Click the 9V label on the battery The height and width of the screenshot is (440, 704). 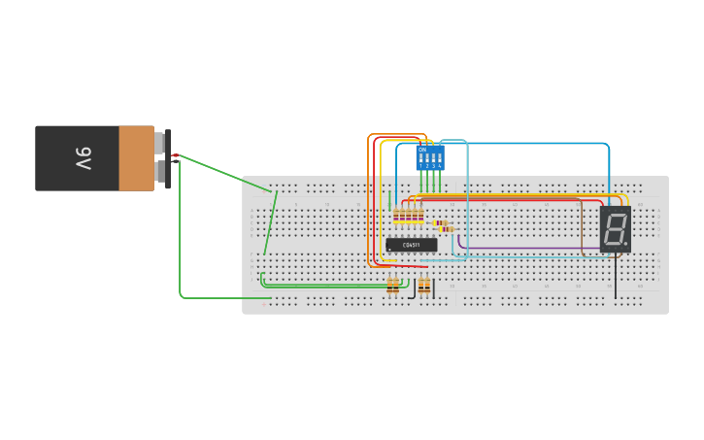click(83, 157)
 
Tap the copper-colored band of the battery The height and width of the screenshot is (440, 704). click(136, 157)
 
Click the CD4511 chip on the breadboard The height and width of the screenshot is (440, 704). click(412, 245)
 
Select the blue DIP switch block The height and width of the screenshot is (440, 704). click(430, 157)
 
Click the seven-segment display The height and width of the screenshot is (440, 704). click(615, 230)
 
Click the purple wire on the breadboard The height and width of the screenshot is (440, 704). click(505, 248)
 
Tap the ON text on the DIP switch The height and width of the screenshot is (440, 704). click(422, 149)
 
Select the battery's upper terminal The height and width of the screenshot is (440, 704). click(161, 143)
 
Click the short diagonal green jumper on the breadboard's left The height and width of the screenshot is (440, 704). click(271, 222)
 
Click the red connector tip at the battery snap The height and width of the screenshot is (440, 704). click(175, 155)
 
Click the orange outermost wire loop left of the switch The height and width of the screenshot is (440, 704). click(369, 194)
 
